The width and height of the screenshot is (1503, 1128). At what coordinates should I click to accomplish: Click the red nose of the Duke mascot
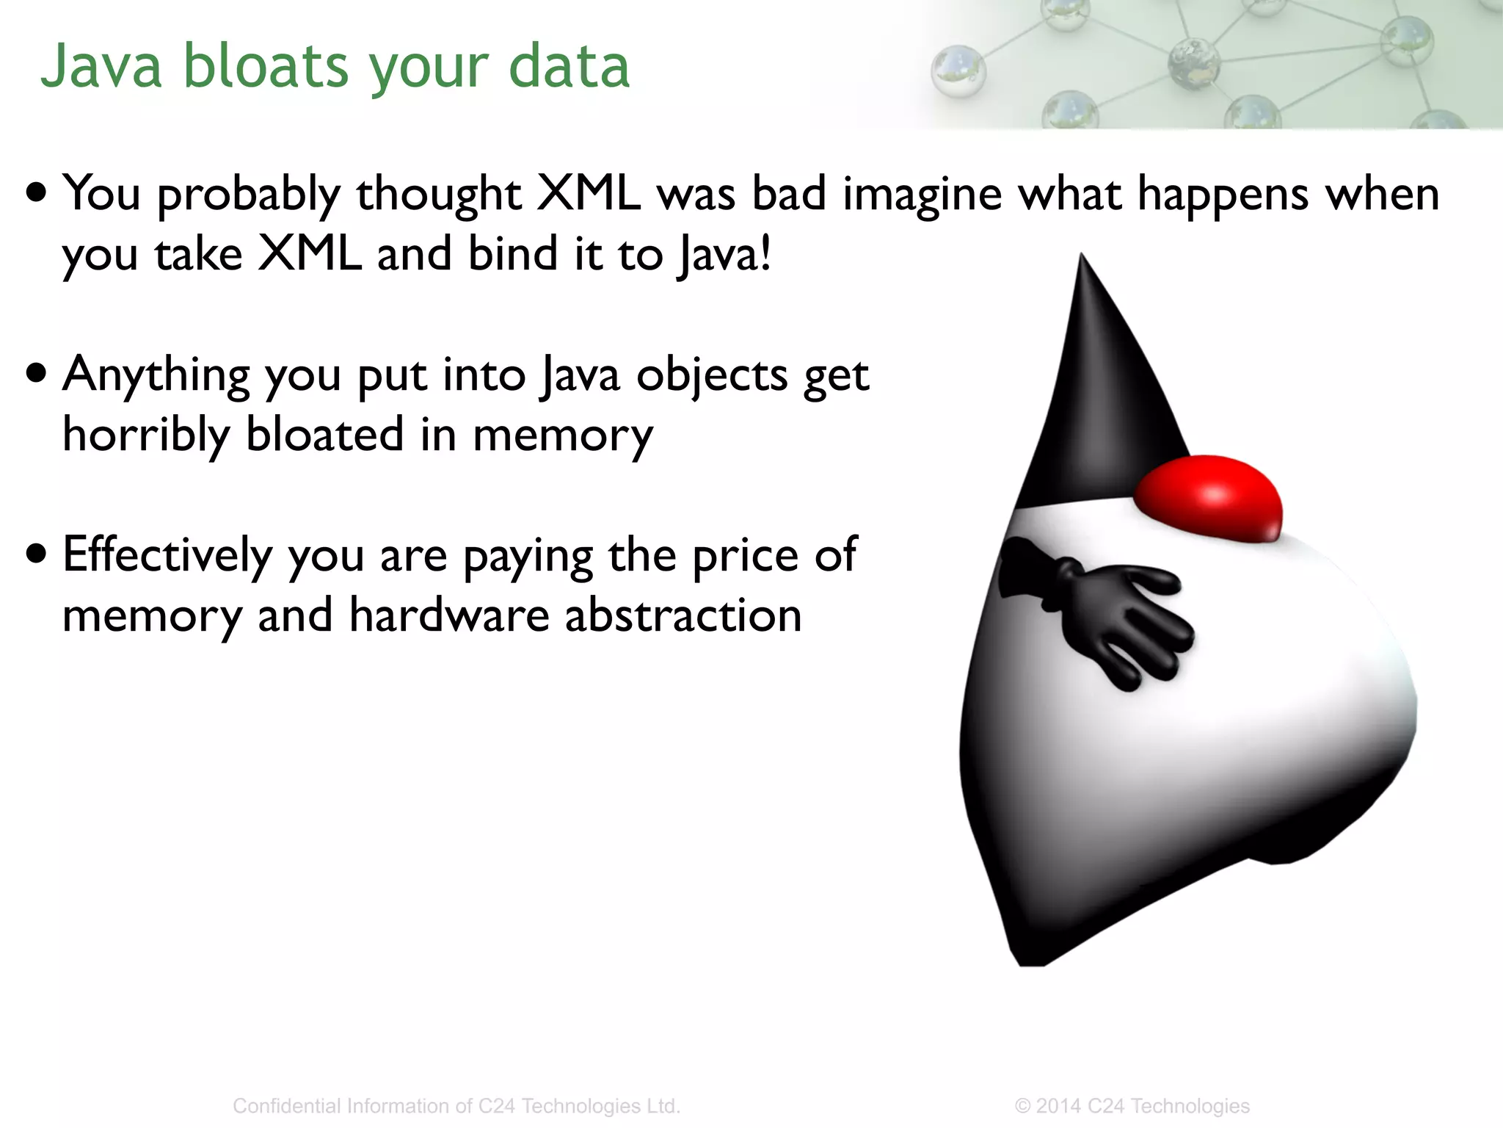[x=1209, y=499]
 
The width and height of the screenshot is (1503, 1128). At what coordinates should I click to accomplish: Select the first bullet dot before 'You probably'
[x=36, y=193]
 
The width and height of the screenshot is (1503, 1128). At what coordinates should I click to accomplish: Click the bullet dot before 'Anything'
[x=36, y=373]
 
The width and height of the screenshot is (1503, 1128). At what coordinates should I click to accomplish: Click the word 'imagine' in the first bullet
[x=922, y=195]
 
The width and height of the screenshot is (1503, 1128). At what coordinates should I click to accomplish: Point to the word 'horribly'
[x=145, y=435]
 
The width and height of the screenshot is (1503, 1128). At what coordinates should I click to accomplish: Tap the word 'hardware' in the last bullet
[x=448, y=615]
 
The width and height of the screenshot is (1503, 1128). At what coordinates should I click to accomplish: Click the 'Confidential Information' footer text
[x=456, y=1106]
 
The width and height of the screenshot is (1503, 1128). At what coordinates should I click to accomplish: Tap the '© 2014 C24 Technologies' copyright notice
[x=1132, y=1106]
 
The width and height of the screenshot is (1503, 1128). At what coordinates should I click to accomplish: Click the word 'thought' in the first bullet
[x=438, y=195]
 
